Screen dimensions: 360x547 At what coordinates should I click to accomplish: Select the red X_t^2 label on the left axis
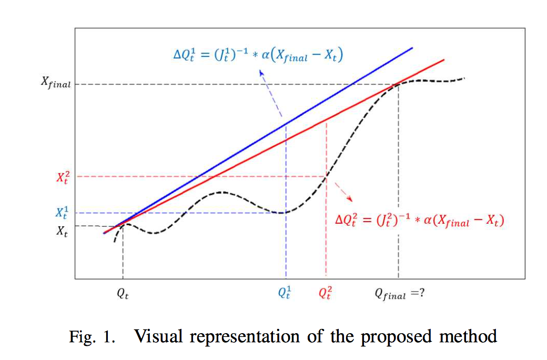point(63,177)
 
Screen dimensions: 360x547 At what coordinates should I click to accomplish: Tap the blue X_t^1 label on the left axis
point(63,213)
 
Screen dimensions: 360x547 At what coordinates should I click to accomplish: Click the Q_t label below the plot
point(123,294)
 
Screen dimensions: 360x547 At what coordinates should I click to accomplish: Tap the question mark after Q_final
point(421,293)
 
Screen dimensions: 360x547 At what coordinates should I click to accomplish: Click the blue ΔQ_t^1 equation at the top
point(258,55)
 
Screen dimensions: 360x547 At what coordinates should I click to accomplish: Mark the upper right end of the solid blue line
point(413,47)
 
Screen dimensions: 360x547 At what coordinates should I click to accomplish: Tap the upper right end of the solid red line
point(444,59)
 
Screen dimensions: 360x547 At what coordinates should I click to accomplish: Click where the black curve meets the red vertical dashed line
point(326,176)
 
